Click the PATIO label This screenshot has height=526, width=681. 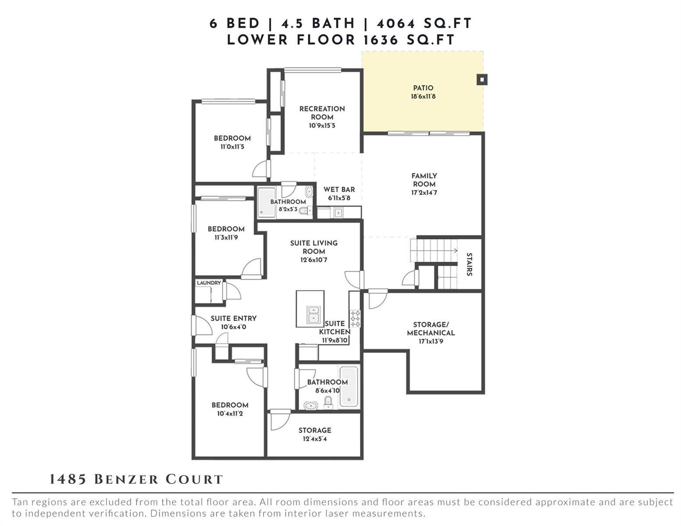pos(423,88)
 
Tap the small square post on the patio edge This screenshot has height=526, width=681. pos(481,80)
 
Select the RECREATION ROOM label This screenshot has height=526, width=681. pos(322,113)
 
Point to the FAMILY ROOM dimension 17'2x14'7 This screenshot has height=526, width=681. pos(424,192)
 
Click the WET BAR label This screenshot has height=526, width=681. pos(339,189)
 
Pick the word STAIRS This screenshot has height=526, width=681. pos(469,264)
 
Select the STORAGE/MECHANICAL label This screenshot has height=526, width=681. pos(431,329)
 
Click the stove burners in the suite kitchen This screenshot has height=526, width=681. pos(355,318)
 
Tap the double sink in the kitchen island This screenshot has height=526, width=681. pos(314,314)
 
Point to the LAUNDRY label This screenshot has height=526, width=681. pos(209,283)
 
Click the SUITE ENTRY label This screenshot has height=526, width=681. pos(233,318)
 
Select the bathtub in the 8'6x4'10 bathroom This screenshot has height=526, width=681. pos(349,386)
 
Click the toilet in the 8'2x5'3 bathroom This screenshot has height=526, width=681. pos(304,211)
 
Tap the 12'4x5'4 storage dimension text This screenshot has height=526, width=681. pos(315,439)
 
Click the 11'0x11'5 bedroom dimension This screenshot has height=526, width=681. pos(232,146)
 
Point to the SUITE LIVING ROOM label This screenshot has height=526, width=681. pos(314,247)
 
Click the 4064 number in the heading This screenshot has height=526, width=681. pos(396,24)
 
